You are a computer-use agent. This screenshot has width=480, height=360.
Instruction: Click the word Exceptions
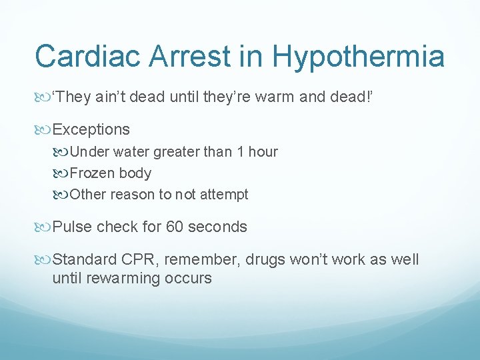pyautogui.click(x=91, y=129)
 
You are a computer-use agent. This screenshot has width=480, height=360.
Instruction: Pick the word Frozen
pyautogui.click(x=92, y=173)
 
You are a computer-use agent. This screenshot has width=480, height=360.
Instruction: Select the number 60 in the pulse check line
pyautogui.click(x=175, y=227)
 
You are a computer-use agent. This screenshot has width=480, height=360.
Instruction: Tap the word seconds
pyautogui.click(x=217, y=227)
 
